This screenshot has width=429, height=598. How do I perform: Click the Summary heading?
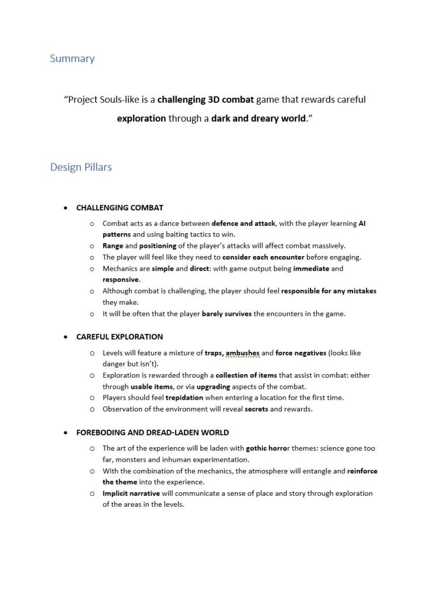tap(72, 58)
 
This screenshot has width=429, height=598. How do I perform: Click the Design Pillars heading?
tap(81, 167)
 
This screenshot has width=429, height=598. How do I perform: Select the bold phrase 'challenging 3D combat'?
tap(205, 99)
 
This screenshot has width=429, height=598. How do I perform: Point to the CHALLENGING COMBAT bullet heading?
tap(120, 208)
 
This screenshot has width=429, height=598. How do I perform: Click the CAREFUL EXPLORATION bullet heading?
tap(119, 337)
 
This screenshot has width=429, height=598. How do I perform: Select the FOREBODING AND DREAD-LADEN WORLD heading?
tap(152, 433)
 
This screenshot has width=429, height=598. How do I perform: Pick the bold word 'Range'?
tap(113, 246)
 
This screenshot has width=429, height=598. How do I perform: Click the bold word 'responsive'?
tap(121, 279)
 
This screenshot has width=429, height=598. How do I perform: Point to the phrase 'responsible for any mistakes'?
tap(329, 291)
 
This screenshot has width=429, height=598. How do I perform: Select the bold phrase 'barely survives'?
tap(226, 314)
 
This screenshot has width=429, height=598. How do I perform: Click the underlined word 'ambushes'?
tap(242, 353)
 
